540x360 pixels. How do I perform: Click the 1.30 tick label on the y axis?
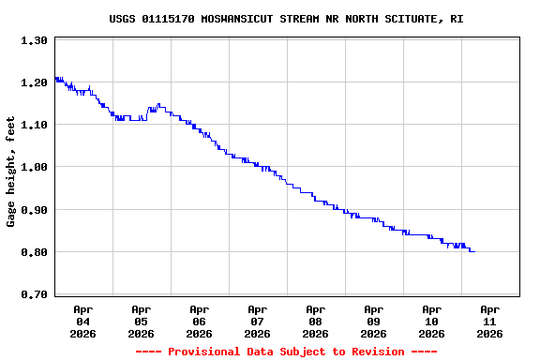pyautogui.click(x=34, y=40)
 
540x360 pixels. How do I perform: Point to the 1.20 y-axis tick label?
pyautogui.click(x=34, y=82)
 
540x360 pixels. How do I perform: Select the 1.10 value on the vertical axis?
pyautogui.click(x=34, y=125)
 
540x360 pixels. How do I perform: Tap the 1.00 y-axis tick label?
pyautogui.click(x=34, y=167)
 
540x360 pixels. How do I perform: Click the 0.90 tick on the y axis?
pyautogui.click(x=34, y=210)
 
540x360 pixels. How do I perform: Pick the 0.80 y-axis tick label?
pyautogui.click(x=34, y=252)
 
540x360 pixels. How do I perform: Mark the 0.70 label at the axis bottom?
pyautogui.click(x=34, y=294)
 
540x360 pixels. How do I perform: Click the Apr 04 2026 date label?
pyautogui.click(x=82, y=321)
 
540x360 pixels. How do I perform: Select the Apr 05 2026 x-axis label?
pyautogui.click(x=141, y=321)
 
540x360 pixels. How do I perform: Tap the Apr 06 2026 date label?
pyautogui.click(x=199, y=321)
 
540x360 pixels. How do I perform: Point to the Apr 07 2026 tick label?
pyautogui.click(x=257, y=321)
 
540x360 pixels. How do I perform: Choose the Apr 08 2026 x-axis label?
pyautogui.click(x=315, y=321)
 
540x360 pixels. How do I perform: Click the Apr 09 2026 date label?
pyautogui.click(x=373, y=321)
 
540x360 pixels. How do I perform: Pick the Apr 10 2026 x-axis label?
pyautogui.click(x=431, y=321)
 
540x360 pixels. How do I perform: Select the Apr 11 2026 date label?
pyautogui.click(x=489, y=321)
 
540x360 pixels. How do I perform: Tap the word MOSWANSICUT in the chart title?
pyautogui.click(x=237, y=19)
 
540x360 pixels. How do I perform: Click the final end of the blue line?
pyautogui.click(x=473, y=251)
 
